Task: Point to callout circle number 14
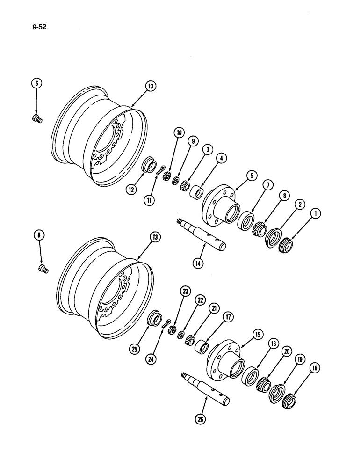[x=199, y=263]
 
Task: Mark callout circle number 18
[x=316, y=369]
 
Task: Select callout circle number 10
[x=179, y=132]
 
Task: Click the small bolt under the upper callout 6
[x=37, y=119]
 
